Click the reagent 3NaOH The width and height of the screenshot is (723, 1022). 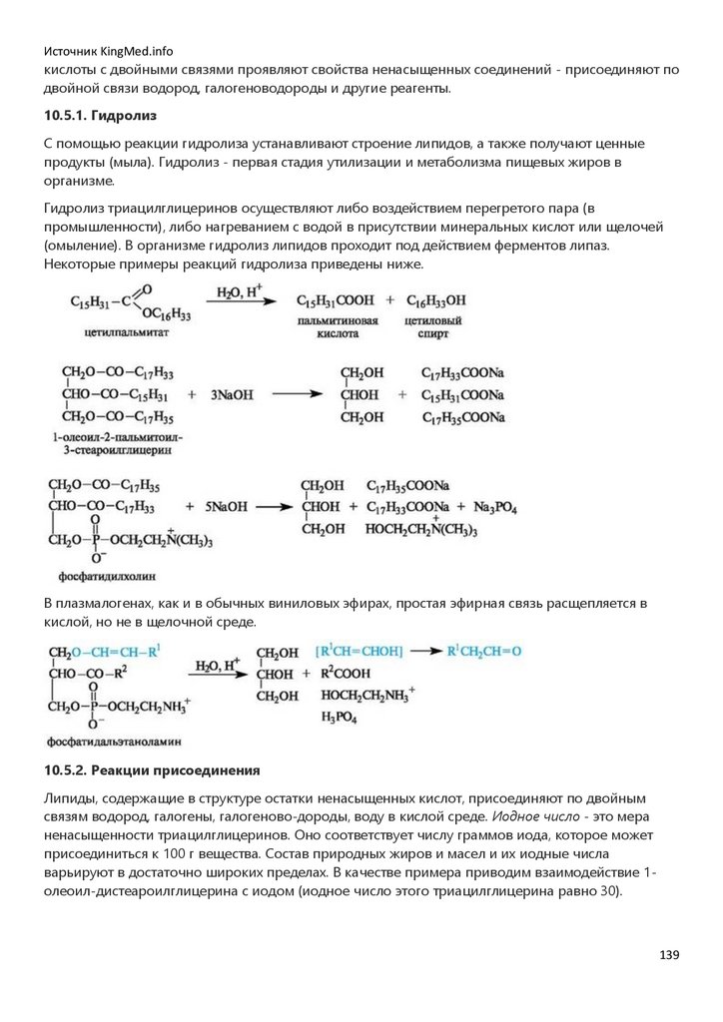pyautogui.click(x=232, y=395)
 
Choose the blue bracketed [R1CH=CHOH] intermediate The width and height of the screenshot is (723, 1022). pyautogui.click(x=361, y=651)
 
